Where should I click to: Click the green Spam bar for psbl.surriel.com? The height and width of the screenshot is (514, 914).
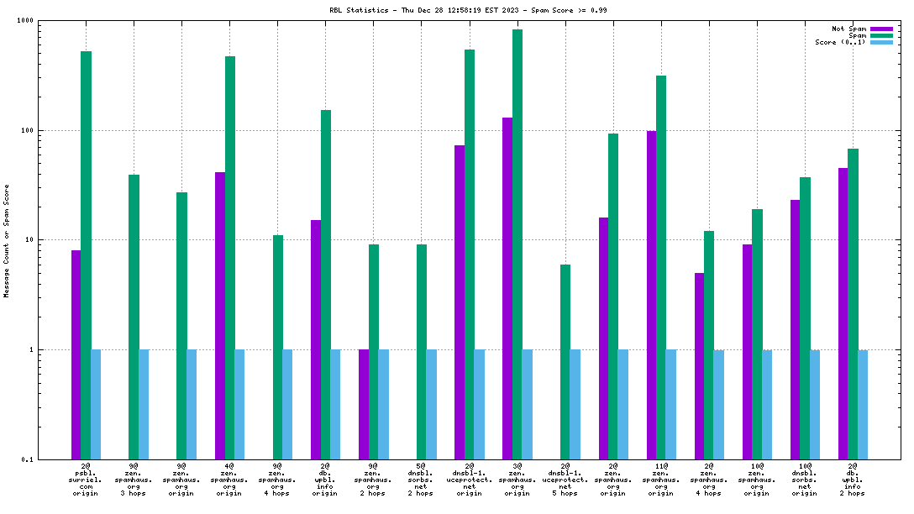click(x=86, y=252)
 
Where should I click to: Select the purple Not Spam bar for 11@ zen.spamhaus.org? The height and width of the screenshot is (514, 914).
click(x=651, y=294)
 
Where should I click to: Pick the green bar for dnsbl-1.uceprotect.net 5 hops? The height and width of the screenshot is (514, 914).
click(x=565, y=361)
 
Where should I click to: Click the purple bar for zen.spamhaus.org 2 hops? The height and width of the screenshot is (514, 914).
click(x=364, y=403)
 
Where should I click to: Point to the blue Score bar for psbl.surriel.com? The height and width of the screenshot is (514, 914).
click(x=96, y=403)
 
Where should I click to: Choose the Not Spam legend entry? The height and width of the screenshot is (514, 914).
click(x=849, y=29)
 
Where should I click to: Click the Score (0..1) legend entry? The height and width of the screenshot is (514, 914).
click(x=840, y=42)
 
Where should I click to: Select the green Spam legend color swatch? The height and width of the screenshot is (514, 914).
click(x=881, y=35)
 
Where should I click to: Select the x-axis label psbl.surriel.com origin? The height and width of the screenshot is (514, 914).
click(x=86, y=478)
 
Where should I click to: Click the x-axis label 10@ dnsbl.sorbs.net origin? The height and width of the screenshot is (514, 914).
click(x=805, y=478)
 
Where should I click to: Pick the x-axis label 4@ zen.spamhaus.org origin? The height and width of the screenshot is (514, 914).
click(x=229, y=478)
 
